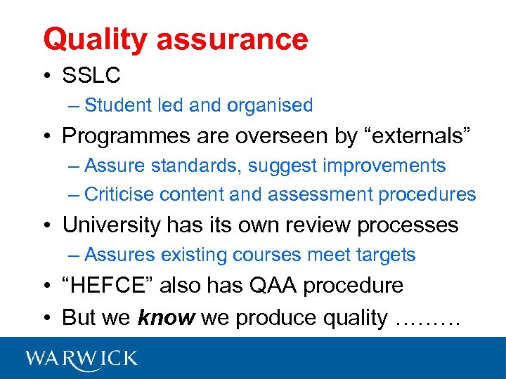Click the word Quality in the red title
click(95, 39)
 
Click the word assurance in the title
click(232, 39)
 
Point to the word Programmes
click(123, 137)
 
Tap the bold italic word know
click(167, 317)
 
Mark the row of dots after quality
click(427, 320)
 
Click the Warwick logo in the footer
click(82, 358)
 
